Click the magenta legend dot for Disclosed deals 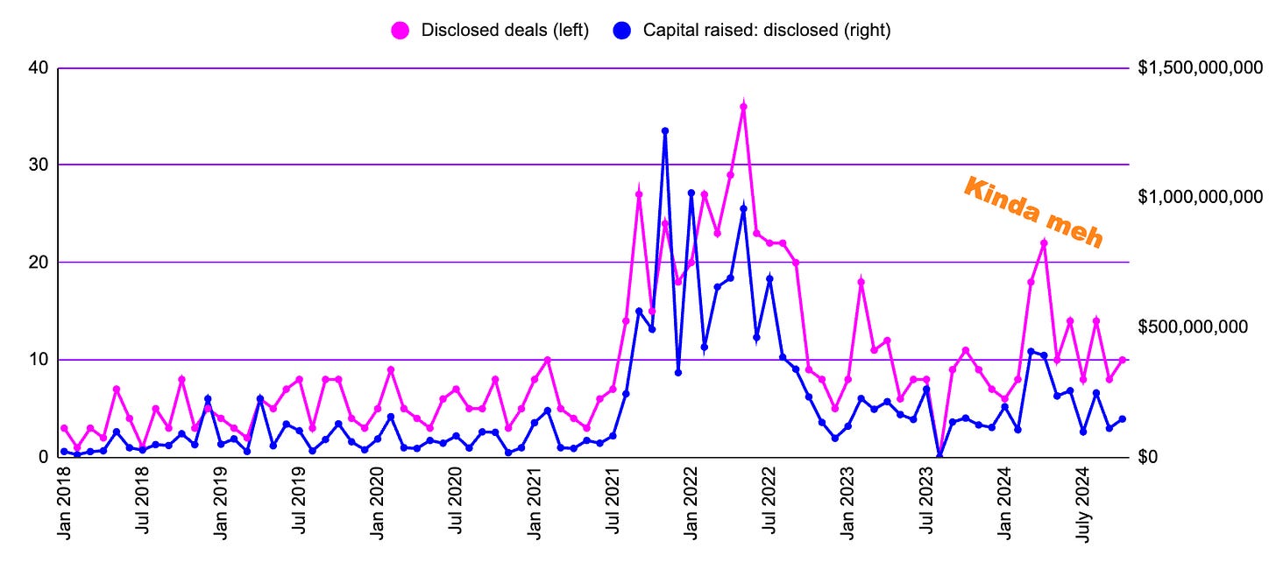(x=401, y=30)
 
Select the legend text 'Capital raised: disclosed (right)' (x=767, y=30)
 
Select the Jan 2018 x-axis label (x=64, y=506)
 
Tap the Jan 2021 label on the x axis (x=535, y=506)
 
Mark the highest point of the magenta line (x=743, y=107)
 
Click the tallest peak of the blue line (x=665, y=131)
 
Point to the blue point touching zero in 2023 (x=939, y=455)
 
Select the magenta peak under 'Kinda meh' (x=1044, y=243)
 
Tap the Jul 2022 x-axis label (x=769, y=506)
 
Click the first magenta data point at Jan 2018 (x=64, y=428)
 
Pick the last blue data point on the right (x=1122, y=419)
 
